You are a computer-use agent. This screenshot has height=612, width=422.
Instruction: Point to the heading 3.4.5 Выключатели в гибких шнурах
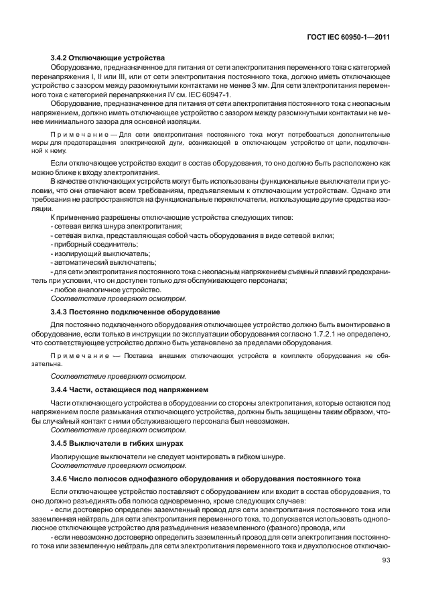click(x=117, y=443)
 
